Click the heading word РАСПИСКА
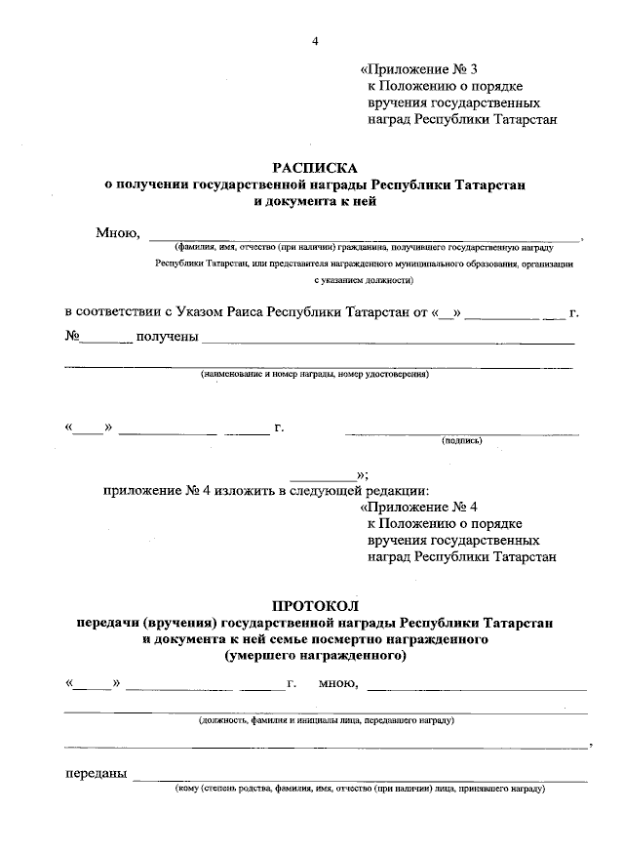(x=314, y=167)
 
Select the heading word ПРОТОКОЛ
(x=314, y=606)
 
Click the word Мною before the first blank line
(x=118, y=232)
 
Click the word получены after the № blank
(x=168, y=337)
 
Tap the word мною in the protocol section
(x=338, y=682)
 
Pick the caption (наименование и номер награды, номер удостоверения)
(x=314, y=374)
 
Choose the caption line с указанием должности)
(x=364, y=280)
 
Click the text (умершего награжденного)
(x=314, y=656)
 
